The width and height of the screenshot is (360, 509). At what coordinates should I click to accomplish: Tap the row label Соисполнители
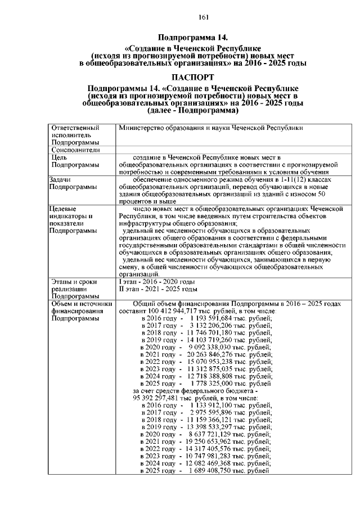(75, 150)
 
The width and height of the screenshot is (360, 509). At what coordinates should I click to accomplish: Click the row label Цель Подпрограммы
(72, 161)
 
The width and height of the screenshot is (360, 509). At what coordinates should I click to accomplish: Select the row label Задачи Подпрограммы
(72, 183)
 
